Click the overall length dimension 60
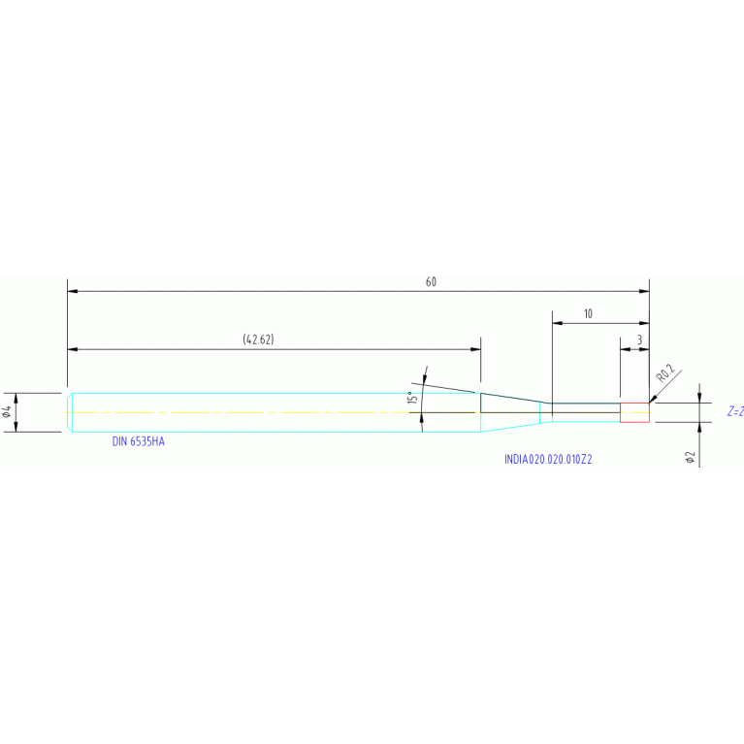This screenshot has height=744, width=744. (431, 282)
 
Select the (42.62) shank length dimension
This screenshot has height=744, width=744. (258, 340)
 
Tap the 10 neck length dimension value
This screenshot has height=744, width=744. (588, 313)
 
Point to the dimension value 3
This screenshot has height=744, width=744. (639, 340)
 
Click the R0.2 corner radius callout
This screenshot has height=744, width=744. (665, 373)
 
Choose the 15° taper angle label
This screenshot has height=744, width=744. (413, 398)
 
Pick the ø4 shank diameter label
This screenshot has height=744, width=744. (7, 412)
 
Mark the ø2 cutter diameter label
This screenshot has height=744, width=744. (691, 458)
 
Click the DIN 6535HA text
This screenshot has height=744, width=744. (138, 441)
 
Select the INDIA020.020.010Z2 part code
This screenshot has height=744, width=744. (548, 460)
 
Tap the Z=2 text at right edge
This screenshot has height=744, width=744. (735, 411)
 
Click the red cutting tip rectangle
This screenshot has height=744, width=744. (634, 412)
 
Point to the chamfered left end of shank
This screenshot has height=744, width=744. (70, 412)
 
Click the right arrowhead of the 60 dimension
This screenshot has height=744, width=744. (644, 291)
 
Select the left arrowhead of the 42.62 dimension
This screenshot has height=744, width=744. (73, 349)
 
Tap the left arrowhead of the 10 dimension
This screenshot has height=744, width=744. (558, 323)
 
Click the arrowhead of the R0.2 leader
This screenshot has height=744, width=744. (653, 400)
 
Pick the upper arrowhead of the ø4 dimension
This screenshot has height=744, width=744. (16, 398)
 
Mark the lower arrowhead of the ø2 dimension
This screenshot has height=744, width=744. (699, 428)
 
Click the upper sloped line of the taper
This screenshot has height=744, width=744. (516, 398)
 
